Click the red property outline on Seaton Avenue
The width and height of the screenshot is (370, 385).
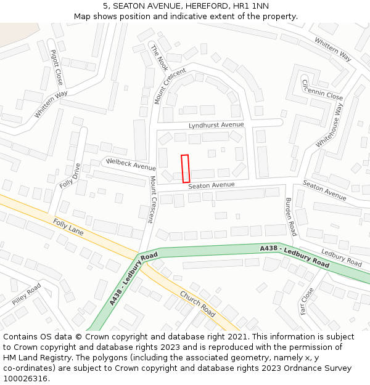tap(185, 168)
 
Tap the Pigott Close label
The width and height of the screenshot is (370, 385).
tap(56, 67)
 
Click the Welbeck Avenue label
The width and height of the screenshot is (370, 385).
tap(131, 164)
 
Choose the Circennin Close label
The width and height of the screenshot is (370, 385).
tap(322, 89)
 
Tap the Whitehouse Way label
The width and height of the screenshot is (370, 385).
tap(330, 125)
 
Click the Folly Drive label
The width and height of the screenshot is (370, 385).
tap(70, 176)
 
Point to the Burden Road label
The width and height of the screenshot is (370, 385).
tap(290, 216)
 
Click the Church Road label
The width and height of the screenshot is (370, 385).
tap(197, 304)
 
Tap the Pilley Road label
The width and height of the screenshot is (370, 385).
tap(26, 294)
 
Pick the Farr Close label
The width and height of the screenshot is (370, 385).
tap(307, 301)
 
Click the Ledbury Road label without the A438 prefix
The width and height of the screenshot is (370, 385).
tap(341, 258)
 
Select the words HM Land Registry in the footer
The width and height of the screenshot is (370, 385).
tap(32, 357)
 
